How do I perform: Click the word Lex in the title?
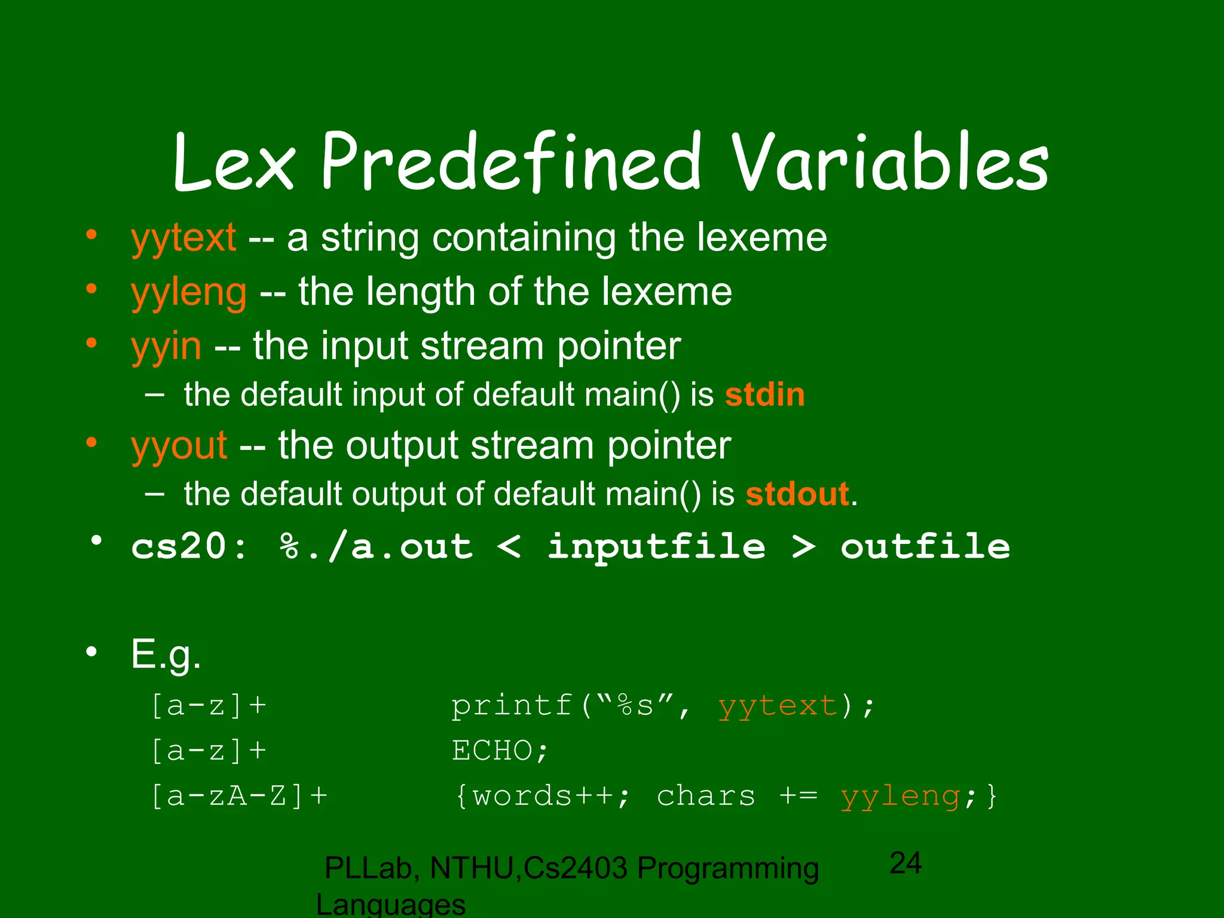point(234,163)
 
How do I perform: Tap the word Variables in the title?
point(890,163)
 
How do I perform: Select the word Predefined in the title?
point(511,163)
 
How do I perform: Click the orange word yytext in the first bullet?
point(183,238)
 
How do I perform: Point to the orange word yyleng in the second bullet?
point(189,293)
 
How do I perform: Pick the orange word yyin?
point(166,347)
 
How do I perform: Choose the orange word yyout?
point(179,446)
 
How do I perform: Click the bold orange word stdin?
point(764,395)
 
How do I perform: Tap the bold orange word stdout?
point(797,494)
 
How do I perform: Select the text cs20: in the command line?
point(189,547)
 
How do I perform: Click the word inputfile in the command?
point(656,547)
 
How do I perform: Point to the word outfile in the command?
point(925,547)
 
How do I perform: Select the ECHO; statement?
point(500,751)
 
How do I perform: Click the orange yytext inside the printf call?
point(778,707)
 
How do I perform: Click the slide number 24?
point(905,863)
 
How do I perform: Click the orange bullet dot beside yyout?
point(91,443)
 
